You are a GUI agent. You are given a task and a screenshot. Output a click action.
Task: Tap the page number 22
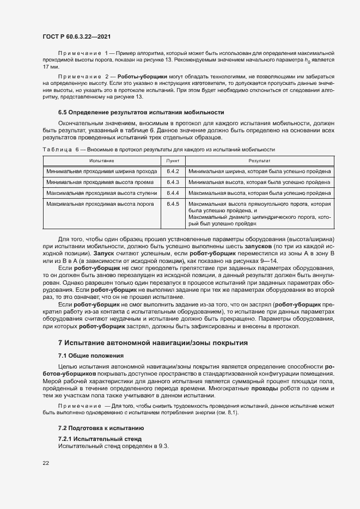coord(46,463)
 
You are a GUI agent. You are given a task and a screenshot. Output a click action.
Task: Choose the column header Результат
coord(259,161)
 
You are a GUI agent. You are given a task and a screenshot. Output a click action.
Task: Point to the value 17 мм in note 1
coord(50,66)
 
